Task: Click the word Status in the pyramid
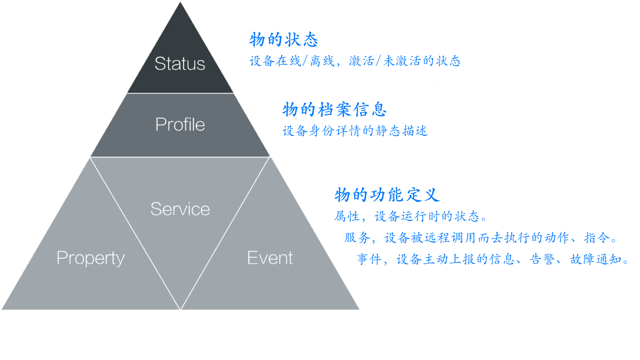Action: pyautogui.click(x=180, y=64)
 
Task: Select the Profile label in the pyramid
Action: pyautogui.click(x=180, y=125)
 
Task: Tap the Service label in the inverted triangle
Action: pyautogui.click(x=180, y=209)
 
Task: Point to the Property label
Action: pyautogui.click(x=91, y=258)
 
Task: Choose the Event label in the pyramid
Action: pyautogui.click(x=270, y=258)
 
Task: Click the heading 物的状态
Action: pyautogui.click(x=284, y=40)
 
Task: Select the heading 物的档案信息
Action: pyautogui.click(x=334, y=110)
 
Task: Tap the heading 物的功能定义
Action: pyautogui.click(x=387, y=195)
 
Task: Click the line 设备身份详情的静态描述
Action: pyautogui.click(x=355, y=131)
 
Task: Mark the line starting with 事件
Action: pyautogui.click(x=493, y=259)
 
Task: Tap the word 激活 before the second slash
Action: pyautogui.click(x=361, y=61)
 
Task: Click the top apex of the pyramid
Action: pyautogui.click(x=180, y=2)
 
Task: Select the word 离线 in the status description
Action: pyautogui.click(x=322, y=61)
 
